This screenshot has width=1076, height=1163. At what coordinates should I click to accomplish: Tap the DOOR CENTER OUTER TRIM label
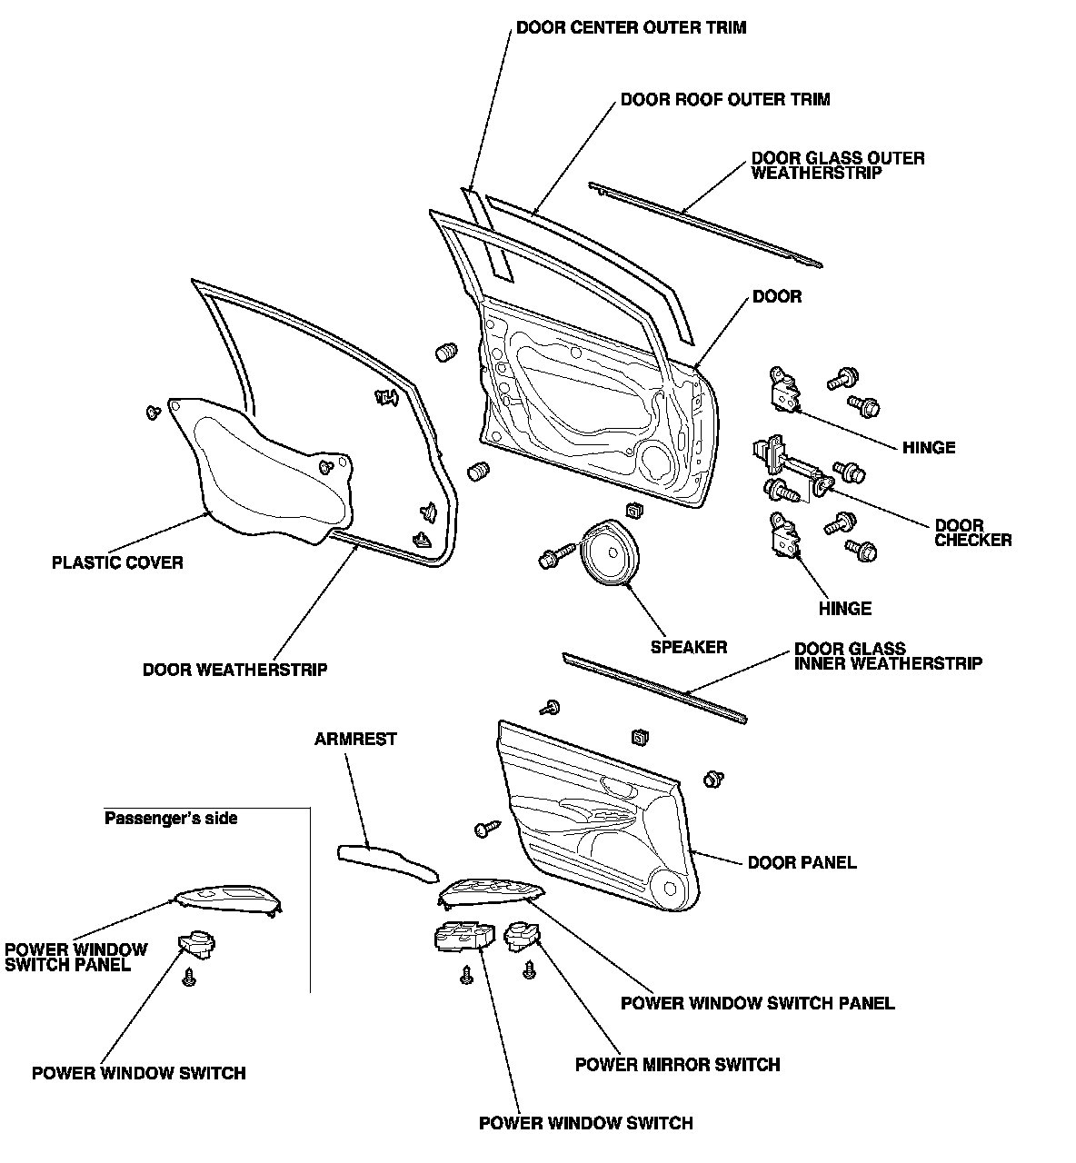(631, 27)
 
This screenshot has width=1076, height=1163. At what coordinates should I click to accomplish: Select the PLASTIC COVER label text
(117, 562)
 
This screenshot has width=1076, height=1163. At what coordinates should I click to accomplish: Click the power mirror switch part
(522, 935)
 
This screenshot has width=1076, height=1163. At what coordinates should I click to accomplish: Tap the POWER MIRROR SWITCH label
(677, 1064)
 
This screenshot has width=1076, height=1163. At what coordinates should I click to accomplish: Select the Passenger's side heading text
(171, 818)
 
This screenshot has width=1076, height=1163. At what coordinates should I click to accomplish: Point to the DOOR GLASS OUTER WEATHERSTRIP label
(837, 164)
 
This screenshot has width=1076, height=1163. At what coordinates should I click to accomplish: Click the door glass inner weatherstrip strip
(654, 686)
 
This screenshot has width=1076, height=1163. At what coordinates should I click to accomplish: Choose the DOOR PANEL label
(802, 861)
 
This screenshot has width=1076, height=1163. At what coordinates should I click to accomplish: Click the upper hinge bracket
(784, 389)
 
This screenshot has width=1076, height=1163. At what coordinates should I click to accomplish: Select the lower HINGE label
(844, 608)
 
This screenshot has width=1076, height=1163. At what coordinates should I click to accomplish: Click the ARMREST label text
(355, 739)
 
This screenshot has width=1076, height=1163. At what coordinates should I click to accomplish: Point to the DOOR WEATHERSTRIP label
(234, 670)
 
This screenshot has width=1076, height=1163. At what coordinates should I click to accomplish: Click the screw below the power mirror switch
(528, 970)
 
